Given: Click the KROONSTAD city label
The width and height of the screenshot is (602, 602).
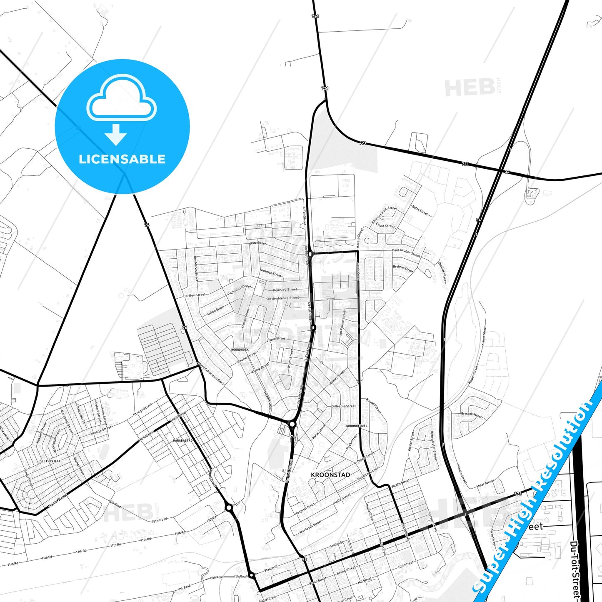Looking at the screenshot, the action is click(x=330, y=475).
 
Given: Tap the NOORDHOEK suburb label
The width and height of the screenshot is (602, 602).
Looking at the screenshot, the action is click(x=240, y=350).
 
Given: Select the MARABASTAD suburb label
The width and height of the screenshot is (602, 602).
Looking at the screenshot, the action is click(x=183, y=440).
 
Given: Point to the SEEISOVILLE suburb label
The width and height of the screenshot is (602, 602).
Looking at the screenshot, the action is click(x=50, y=461).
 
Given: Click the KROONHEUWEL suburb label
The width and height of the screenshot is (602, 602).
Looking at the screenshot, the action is click(x=357, y=426).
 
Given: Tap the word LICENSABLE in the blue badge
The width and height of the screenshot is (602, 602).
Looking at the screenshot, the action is click(x=122, y=159).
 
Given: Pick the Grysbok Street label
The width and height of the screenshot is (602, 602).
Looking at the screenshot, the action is click(x=471, y=415).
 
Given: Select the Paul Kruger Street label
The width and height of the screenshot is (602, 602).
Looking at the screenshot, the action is click(x=406, y=252).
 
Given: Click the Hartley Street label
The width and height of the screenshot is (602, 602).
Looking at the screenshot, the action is click(x=194, y=295).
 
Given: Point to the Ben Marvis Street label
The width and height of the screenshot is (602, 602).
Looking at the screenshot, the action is click(x=196, y=268).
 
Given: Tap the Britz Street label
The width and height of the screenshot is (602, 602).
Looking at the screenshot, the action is click(x=257, y=243).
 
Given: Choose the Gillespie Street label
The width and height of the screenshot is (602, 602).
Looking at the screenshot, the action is click(x=344, y=406).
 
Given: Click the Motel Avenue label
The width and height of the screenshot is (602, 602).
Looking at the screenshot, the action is click(x=486, y=483).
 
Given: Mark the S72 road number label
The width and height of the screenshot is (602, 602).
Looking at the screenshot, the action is click(x=518, y=494).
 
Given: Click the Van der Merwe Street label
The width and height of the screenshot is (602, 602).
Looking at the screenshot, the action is click(x=282, y=298).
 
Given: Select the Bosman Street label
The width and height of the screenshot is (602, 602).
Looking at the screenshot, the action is click(x=271, y=273).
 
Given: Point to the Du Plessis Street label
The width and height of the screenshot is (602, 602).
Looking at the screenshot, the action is click(x=310, y=527).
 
